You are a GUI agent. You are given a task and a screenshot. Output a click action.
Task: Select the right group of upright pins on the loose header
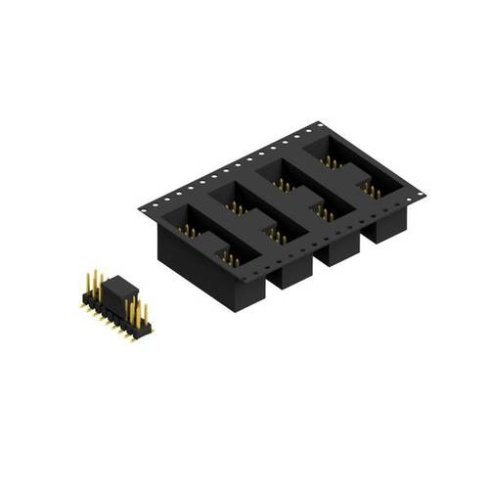click(x=138, y=314)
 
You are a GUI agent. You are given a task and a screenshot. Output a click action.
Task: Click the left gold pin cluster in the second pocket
click(x=236, y=206)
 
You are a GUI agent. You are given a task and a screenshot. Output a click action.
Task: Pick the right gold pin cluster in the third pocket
click(x=324, y=211)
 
